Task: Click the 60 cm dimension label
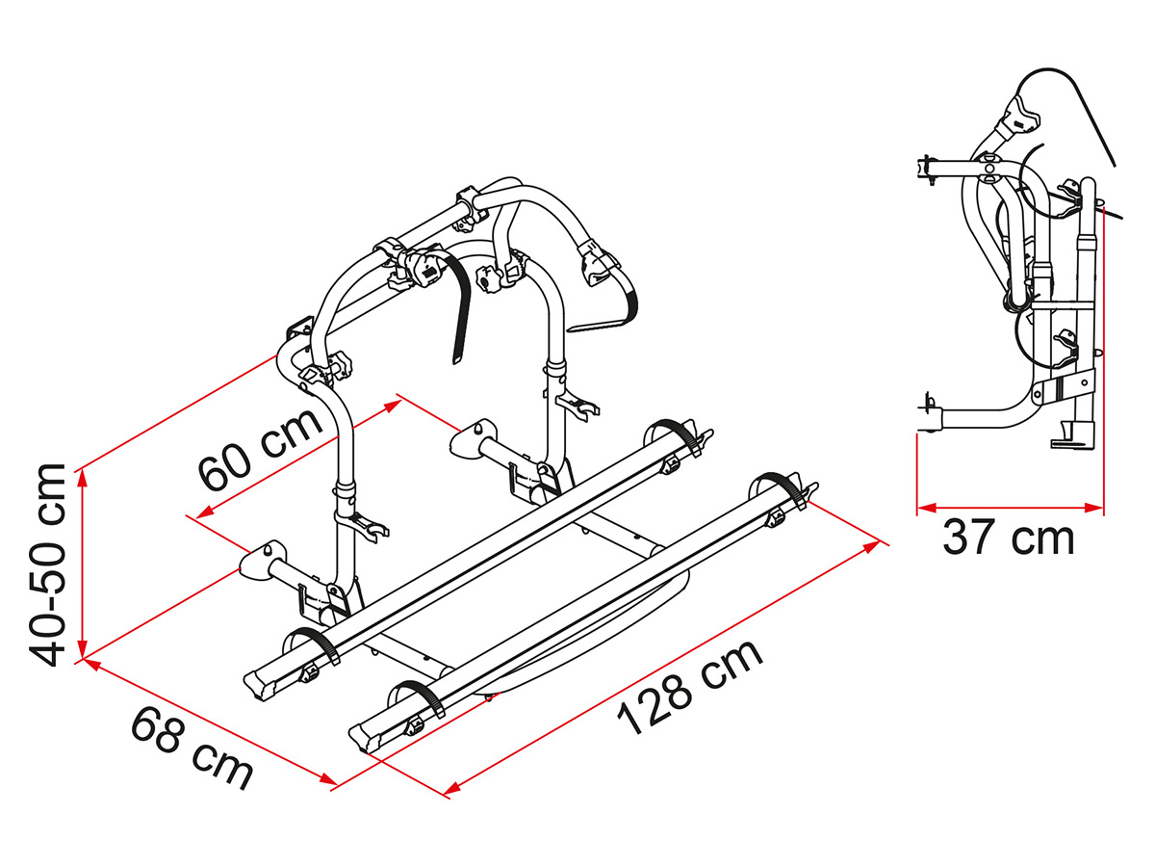[x=260, y=449]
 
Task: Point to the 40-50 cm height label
[x=47, y=565]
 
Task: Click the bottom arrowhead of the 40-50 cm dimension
[x=83, y=648]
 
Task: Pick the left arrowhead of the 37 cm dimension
[x=927, y=508]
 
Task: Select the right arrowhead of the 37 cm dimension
[x=1093, y=508]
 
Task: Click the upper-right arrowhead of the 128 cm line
[x=872, y=545]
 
